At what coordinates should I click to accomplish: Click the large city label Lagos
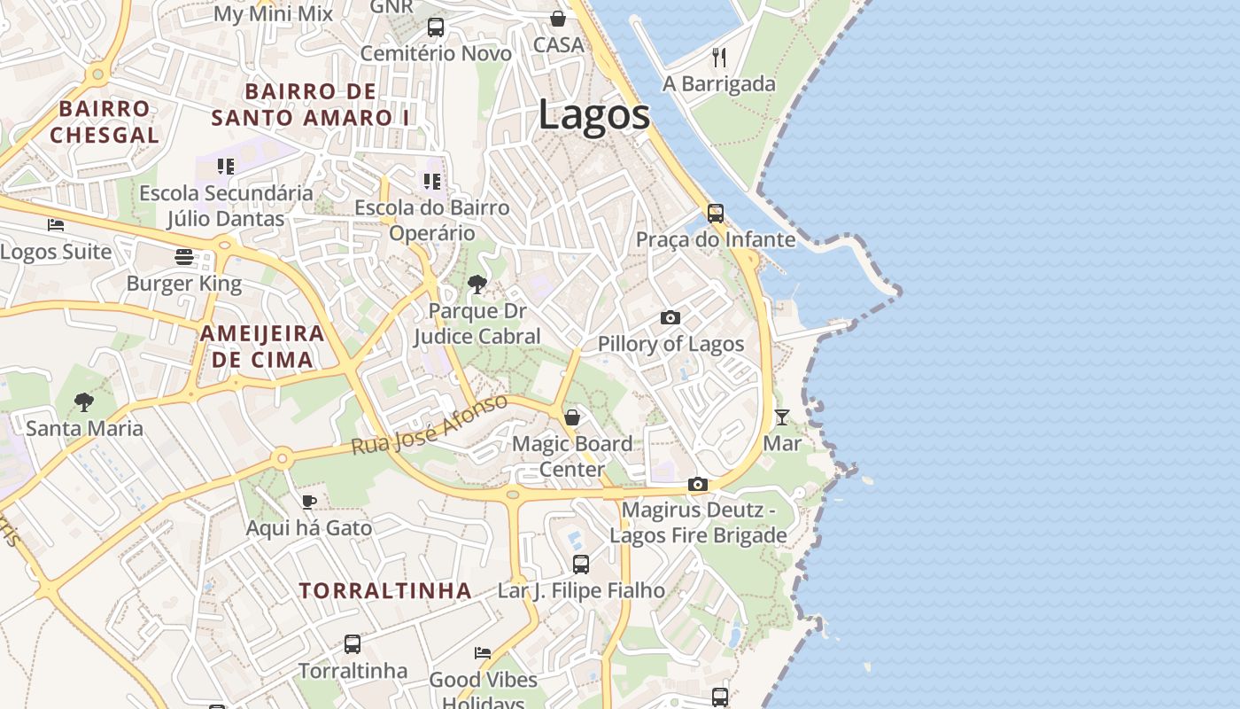tap(594, 115)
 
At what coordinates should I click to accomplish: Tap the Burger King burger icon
tap(184, 257)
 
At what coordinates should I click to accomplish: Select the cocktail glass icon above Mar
tap(782, 417)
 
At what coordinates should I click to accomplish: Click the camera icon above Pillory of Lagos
tap(670, 317)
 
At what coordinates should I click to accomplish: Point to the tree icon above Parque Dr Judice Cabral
tap(477, 284)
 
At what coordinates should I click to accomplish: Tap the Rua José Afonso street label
tap(430, 425)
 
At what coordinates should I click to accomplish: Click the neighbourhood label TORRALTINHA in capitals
tap(385, 590)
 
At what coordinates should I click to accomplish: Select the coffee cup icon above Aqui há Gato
tap(308, 503)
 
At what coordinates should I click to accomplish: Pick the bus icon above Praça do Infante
tap(715, 214)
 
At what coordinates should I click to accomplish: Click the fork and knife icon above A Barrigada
tap(719, 58)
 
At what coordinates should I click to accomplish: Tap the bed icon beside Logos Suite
tap(56, 225)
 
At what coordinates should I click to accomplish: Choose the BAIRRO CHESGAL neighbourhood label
tap(105, 122)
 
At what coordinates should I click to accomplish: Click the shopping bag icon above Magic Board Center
tap(572, 417)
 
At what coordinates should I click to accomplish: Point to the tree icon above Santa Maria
tap(84, 402)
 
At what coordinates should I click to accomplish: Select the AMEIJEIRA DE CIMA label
tap(262, 347)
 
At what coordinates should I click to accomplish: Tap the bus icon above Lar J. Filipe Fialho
tap(581, 564)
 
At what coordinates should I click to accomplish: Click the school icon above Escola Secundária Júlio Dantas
tap(226, 166)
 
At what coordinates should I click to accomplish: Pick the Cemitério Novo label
tap(436, 54)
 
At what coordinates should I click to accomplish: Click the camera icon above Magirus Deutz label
tap(698, 484)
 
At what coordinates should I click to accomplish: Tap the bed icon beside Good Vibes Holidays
tap(483, 653)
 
